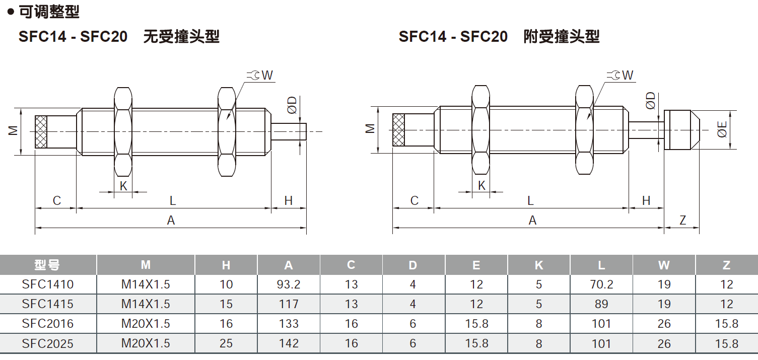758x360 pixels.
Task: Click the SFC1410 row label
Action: coord(48,284)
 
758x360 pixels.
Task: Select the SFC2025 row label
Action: coord(48,343)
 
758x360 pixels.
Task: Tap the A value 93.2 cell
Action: coord(289,284)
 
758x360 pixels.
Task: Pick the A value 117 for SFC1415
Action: coord(289,304)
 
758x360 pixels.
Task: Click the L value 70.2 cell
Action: coord(601,284)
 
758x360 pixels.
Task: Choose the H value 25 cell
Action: coord(226,343)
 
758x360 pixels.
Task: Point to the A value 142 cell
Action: coord(289,343)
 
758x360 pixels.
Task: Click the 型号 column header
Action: coord(48,265)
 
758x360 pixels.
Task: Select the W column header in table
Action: coord(664,265)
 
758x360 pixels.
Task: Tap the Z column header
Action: coord(726,265)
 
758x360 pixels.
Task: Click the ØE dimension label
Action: coord(722,129)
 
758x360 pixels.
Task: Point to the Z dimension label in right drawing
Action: coord(682,220)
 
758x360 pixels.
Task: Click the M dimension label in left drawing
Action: coord(14,130)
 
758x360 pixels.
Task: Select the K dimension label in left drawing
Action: coord(123,186)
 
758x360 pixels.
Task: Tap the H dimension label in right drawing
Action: coord(646,201)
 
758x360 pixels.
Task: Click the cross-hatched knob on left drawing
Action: coord(41,132)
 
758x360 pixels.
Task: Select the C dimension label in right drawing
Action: coord(414,201)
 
